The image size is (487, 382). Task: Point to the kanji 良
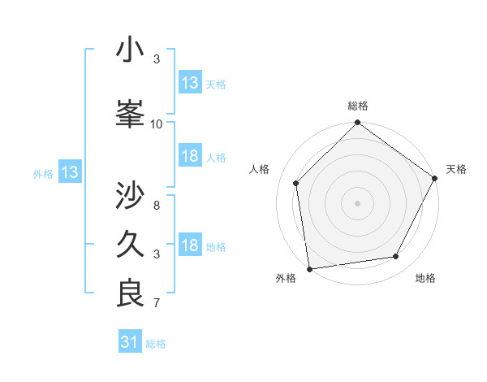(x=131, y=293)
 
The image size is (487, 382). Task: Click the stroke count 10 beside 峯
(x=157, y=124)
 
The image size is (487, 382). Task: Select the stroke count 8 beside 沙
(x=157, y=206)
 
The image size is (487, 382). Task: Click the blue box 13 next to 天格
(x=190, y=83)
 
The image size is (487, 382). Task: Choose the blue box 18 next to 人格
(x=190, y=157)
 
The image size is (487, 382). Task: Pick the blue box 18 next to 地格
(x=190, y=246)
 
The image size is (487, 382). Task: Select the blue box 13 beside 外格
(x=69, y=172)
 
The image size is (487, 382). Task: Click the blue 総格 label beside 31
(x=157, y=344)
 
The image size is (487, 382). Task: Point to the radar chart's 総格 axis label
(x=358, y=106)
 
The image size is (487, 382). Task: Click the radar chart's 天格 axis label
(x=457, y=169)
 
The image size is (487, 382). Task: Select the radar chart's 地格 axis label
(x=425, y=279)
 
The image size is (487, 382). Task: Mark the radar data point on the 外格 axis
(x=309, y=268)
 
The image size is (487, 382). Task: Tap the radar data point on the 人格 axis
(x=296, y=183)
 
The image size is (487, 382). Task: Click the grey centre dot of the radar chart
(x=358, y=202)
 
